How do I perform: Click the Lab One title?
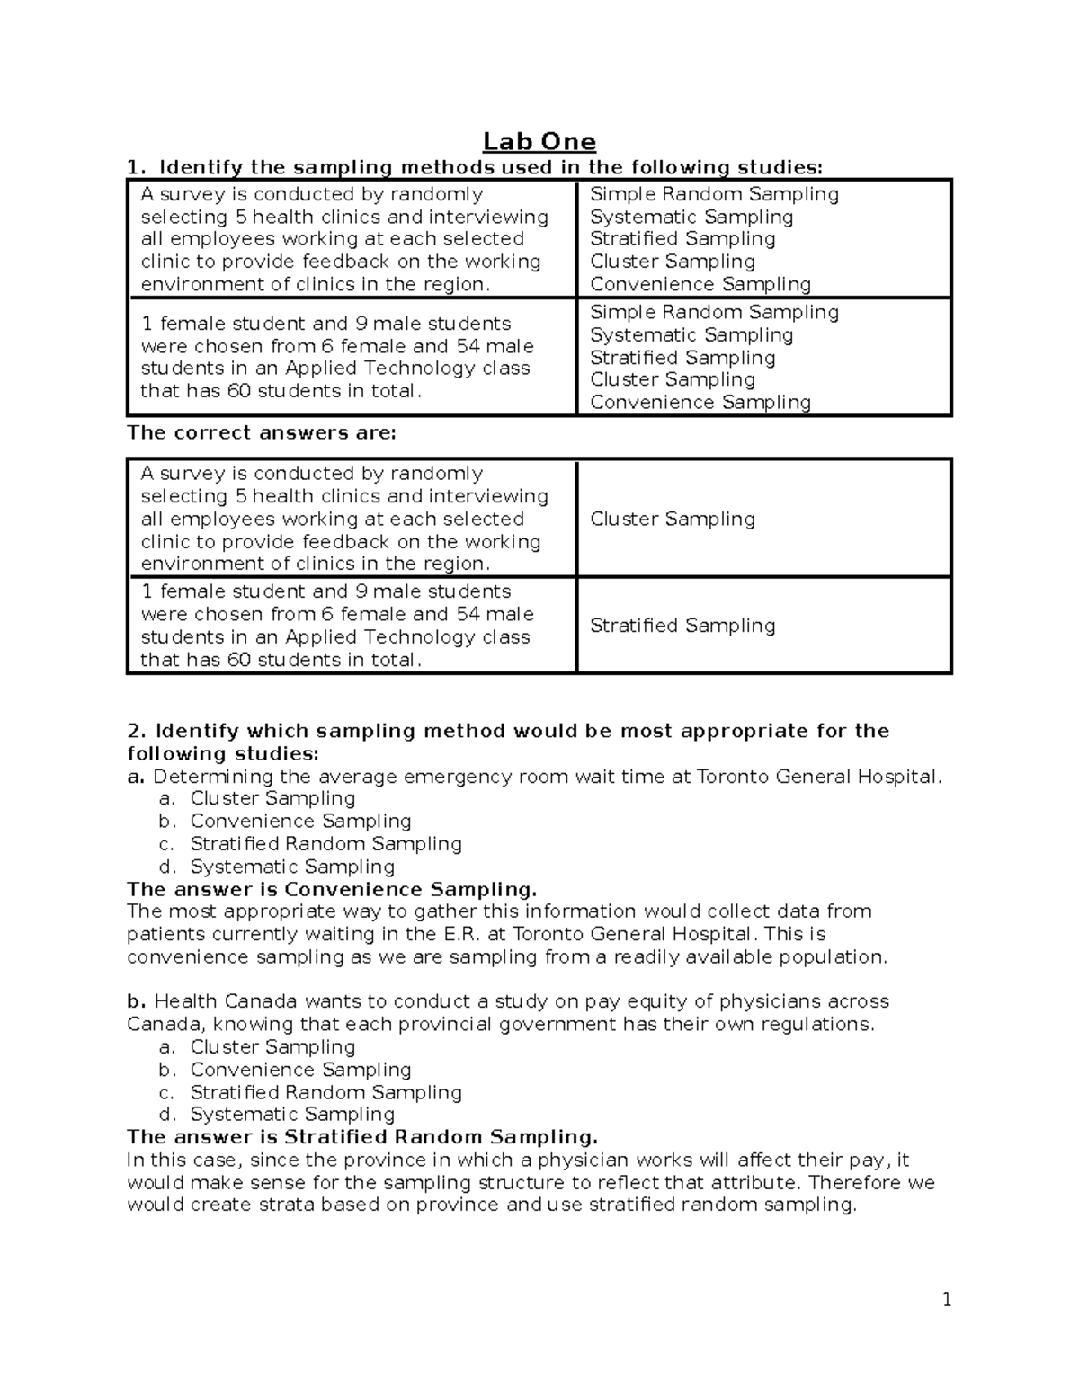click(x=539, y=142)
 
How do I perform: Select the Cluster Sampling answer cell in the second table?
click(x=672, y=519)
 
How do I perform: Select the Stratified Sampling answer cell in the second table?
click(x=682, y=626)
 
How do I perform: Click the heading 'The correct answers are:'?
click(x=261, y=432)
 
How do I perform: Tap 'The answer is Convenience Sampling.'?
click(x=331, y=889)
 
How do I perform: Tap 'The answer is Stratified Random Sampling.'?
click(x=361, y=1136)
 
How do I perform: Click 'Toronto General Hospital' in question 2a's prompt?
click(x=817, y=777)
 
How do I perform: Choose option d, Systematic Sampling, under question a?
click(x=291, y=867)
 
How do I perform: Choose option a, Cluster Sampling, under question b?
click(x=272, y=1046)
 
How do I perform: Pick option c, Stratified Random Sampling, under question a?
click(x=325, y=844)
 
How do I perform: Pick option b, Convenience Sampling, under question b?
click(x=299, y=1070)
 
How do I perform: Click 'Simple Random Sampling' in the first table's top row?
click(x=714, y=194)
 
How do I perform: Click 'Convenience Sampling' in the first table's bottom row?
click(x=700, y=402)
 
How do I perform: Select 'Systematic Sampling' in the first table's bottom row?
click(x=691, y=334)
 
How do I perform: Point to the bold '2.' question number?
click(x=136, y=731)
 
